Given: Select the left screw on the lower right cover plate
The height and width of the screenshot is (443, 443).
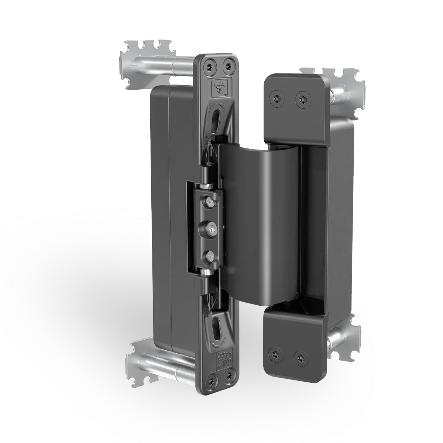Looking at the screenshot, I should pos(276,353).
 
